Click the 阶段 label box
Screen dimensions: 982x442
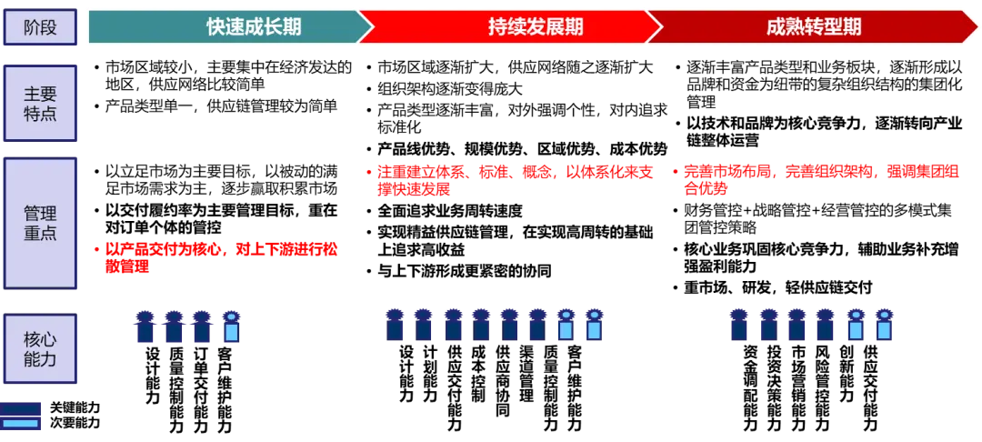coord(40,27)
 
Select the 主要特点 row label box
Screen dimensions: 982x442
coord(40,103)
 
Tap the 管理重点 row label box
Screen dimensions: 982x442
coord(40,223)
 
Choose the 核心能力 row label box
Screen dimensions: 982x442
coord(40,349)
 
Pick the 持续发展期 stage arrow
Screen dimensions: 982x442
coord(509,26)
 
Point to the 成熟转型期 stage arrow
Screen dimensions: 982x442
coord(809,26)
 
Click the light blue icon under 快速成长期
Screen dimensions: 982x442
coord(231,326)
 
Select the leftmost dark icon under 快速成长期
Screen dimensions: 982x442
coord(144,326)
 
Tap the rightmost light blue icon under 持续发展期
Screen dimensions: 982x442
coord(594,325)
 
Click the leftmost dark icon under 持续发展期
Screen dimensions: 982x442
coord(395,325)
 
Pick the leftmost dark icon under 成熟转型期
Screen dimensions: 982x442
coord(738,325)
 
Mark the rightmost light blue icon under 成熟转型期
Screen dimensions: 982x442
coord(883,325)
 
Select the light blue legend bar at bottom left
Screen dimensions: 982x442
coord(21,423)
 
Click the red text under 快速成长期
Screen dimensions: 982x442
coord(218,257)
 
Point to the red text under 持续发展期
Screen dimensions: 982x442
coord(514,179)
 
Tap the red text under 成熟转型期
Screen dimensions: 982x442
coord(818,179)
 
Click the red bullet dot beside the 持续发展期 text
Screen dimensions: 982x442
coord(368,171)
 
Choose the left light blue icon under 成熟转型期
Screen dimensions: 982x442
coord(855,325)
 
